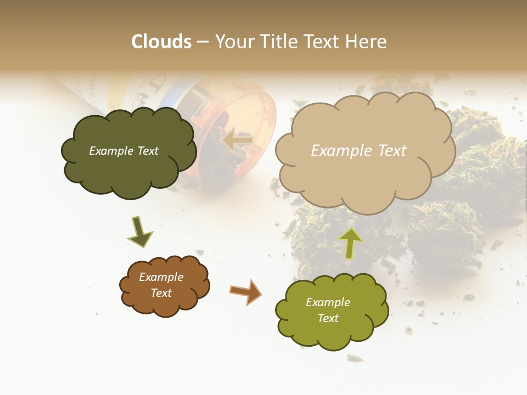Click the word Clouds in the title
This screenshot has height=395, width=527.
tap(161, 42)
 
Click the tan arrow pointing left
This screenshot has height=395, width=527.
tap(238, 140)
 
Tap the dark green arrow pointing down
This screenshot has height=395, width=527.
tap(140, 233)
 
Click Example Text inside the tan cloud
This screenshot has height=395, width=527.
tap(358, 151)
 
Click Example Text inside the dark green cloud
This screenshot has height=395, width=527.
tap(124, 151)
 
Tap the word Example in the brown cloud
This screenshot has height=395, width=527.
tap(161, 277)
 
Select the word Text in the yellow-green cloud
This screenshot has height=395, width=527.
tap(328, 318)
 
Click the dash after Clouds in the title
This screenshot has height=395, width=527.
tap(203, 42)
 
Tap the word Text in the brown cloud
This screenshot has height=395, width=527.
tap(161, 293)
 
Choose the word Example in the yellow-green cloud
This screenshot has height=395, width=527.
tap(328, 302)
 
